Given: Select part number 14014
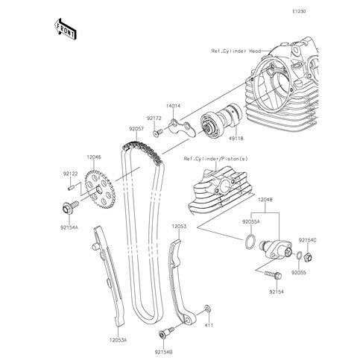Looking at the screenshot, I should click(173, 107).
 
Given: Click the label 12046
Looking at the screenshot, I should click(93, 157).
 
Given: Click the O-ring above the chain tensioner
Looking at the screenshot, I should click(254, 241).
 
